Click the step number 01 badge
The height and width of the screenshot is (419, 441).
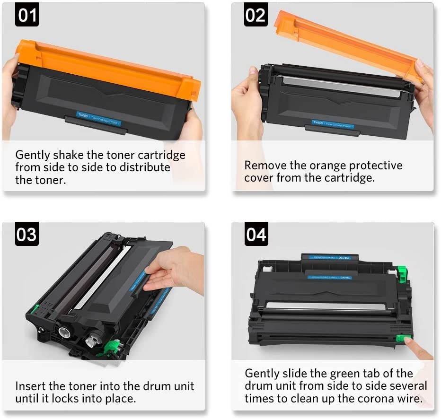[27, 15]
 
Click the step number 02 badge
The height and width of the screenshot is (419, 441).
[256, 15]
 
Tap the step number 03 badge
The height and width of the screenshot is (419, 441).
[27, 234]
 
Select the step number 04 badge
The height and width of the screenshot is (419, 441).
[256, 234]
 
